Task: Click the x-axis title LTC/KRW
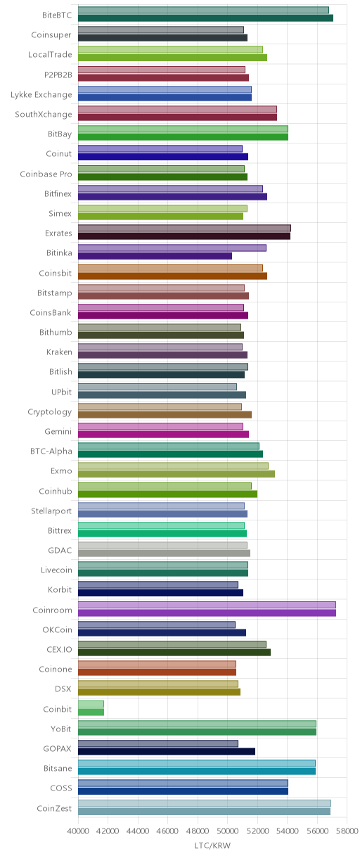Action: (212, 845)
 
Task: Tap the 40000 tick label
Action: (78, 831)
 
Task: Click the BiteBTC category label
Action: (57, 15)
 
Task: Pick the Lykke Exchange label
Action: (41, 95)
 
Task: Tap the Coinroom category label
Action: (52, 610)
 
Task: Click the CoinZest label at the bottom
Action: (54, 808)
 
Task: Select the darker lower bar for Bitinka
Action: (155, 256)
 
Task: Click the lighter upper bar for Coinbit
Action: (91, 704)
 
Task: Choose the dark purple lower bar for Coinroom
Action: (207, 613)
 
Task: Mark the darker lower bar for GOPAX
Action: (167, 752)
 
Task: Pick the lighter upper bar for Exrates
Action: (185, 228)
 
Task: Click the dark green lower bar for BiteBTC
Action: (205, 18)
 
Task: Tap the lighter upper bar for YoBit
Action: (198, 724)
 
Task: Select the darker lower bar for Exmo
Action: (176, 474)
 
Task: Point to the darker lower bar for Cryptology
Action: (165, 414)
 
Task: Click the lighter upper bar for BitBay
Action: (183, 129)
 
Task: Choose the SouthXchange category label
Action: (44, 114)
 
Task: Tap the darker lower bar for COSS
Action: (183, 791)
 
